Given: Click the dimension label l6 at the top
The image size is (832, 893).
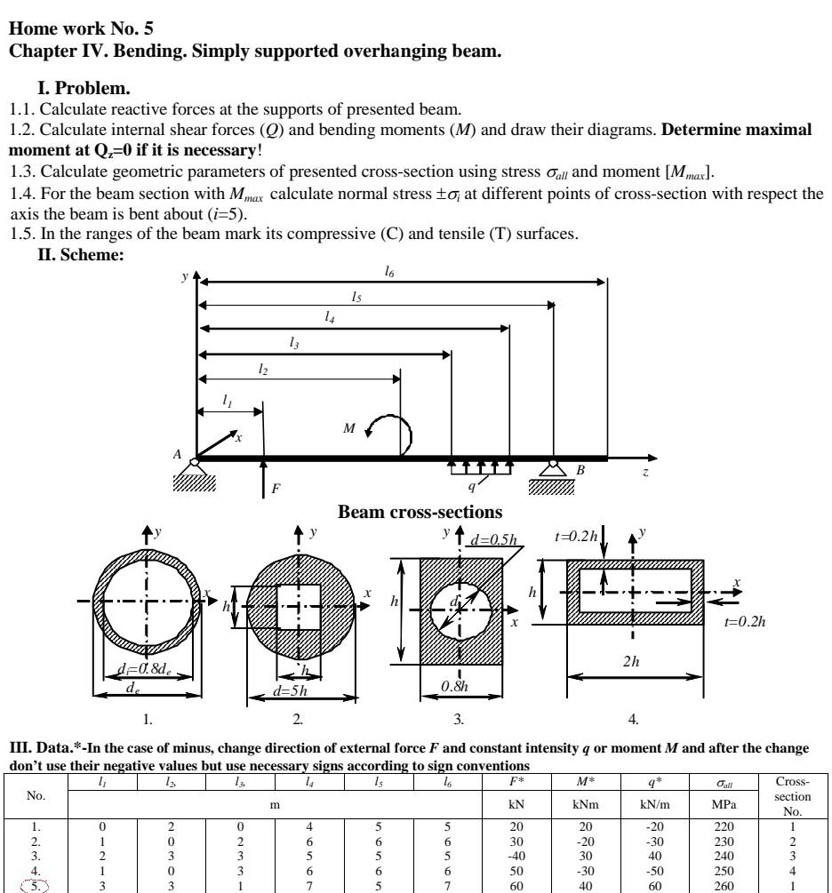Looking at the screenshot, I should point(389,273).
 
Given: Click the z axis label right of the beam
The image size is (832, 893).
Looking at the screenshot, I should point(645,472).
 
